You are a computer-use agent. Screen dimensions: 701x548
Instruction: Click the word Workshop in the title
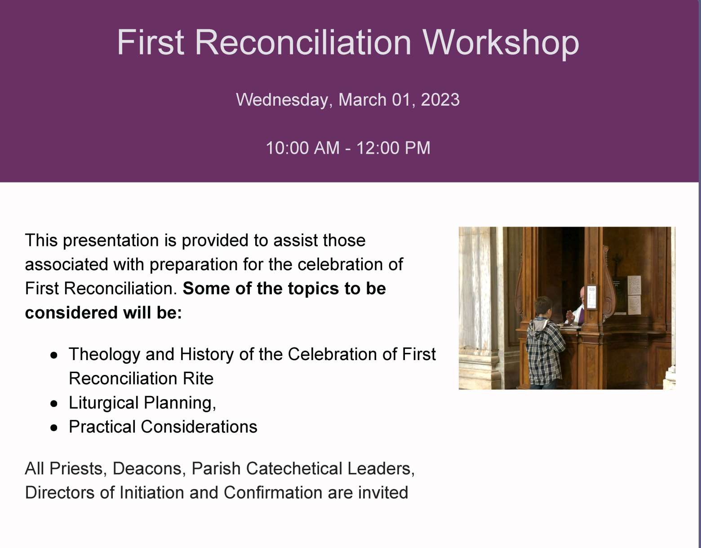coord(501,42)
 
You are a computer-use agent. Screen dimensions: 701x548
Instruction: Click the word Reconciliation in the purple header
coord(303,42)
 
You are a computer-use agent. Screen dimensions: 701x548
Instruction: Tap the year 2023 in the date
coord(440,99)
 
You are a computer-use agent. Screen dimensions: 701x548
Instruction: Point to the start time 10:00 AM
coord(302,148)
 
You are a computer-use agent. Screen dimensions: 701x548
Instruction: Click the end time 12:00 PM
coord(393,148)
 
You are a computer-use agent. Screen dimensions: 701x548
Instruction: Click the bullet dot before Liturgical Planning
coord(54,404)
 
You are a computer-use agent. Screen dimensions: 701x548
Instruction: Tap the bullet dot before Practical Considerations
coord(54,428)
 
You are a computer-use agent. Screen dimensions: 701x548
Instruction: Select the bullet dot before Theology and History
coord(54,355)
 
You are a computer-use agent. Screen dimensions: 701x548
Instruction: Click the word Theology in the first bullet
coord(105,355)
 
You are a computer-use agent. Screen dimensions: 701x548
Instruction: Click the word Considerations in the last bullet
coord(199,427)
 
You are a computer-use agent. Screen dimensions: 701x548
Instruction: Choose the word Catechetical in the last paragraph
coord(294,468)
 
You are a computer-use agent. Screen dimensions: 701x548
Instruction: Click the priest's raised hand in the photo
coord(570,315)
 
